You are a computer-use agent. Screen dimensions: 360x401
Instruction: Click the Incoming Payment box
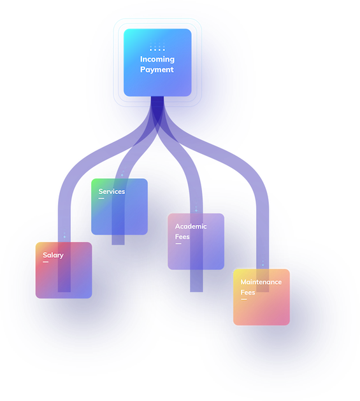point(157,62)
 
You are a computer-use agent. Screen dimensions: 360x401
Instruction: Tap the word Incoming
point(157,59)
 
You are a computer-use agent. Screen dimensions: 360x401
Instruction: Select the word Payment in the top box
point(157,69)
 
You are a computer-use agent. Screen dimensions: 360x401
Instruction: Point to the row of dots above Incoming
point(157,50)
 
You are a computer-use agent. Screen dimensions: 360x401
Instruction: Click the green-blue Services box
point(119,207)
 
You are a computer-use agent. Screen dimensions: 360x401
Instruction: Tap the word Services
point(112,192)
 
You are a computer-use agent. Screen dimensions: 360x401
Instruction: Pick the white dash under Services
point(101,198)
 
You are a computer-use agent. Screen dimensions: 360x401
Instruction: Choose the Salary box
point(64,270)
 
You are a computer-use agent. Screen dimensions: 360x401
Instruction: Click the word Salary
point(54,255)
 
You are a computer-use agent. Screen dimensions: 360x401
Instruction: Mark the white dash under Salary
point(46,262)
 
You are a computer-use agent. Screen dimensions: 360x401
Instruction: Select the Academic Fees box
point(196,241)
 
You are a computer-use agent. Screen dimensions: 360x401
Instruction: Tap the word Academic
point(191,227)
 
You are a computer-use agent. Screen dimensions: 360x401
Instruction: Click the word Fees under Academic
point(182,237)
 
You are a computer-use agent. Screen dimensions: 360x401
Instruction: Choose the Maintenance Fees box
point(261,297)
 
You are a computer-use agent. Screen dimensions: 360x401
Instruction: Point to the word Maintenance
point(261,282)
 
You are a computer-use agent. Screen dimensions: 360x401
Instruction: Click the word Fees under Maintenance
point(248,292)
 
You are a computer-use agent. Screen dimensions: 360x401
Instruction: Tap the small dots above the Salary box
point(64,235)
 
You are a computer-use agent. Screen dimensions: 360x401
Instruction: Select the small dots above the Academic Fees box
point(196,209)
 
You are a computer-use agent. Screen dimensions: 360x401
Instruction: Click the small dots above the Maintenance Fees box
point(263,263)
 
